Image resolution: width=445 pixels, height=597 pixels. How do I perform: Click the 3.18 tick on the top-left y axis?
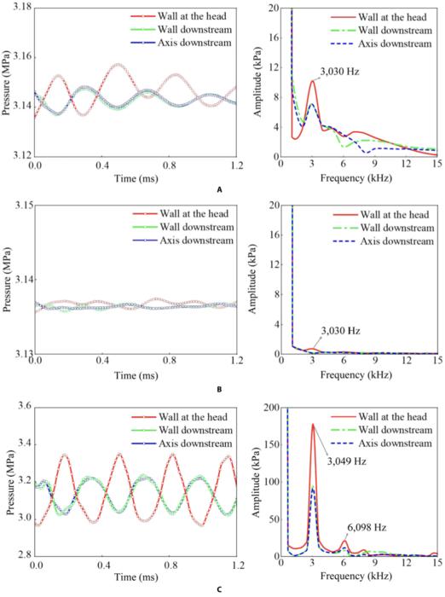(20, 8)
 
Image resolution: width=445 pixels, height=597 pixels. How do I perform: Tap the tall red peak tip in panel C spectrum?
(313, 424)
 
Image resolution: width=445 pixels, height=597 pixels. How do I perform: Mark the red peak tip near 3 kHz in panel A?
(313, 81)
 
